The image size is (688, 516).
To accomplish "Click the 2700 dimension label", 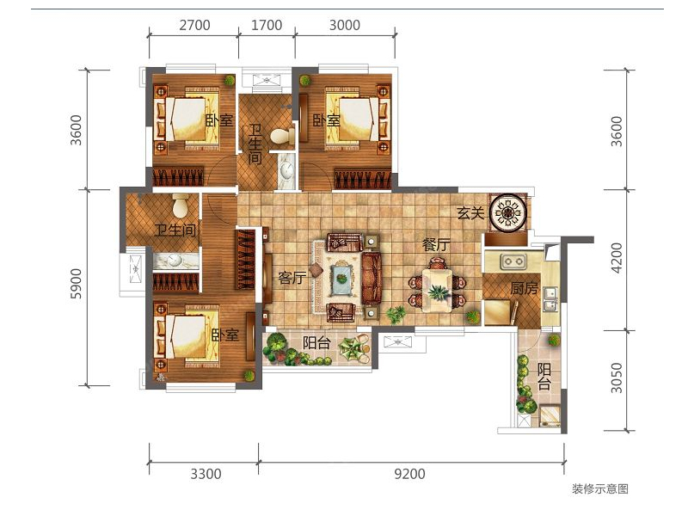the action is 194,25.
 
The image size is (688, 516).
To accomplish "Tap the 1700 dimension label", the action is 267,25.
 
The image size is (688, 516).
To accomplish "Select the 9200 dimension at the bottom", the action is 409,475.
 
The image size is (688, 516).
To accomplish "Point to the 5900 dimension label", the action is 76,284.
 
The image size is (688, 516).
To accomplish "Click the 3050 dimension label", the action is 617,378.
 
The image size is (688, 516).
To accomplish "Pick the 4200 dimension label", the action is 617,258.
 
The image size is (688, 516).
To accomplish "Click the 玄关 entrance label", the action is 470,213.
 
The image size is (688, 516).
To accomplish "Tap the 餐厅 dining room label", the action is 436,245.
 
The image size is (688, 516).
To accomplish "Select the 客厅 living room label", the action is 292,278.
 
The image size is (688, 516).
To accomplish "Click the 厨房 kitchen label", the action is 524,289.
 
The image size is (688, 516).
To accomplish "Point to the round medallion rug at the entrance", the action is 507,212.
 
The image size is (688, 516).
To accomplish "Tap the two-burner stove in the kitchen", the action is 513,261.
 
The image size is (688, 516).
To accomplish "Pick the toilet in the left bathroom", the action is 181,206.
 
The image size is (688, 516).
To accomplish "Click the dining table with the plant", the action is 437,291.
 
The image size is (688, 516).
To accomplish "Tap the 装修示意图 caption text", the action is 599,488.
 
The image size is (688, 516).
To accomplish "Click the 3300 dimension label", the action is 206,475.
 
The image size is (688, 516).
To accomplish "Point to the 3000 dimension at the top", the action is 345,25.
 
